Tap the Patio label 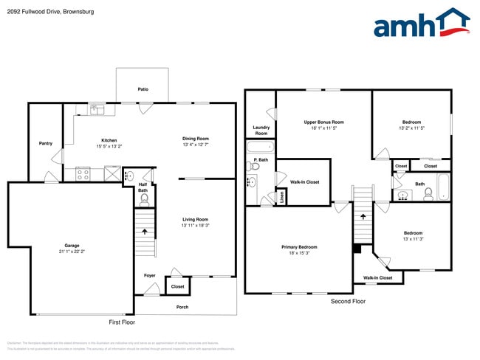tap(143, 89)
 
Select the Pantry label tap(45, 143)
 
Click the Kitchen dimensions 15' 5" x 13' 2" tap(109, 146)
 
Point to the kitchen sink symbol tap(97, 110)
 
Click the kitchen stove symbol tap(83, 175)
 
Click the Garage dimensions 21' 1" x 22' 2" tap(72, 252)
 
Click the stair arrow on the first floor tap(145, 232)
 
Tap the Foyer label tap(150, 275)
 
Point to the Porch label tap(182, 307)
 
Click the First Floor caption tap(122, 322)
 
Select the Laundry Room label tap(261, 130)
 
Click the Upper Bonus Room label tap(323, 122)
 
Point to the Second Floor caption tap(348, 302)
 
